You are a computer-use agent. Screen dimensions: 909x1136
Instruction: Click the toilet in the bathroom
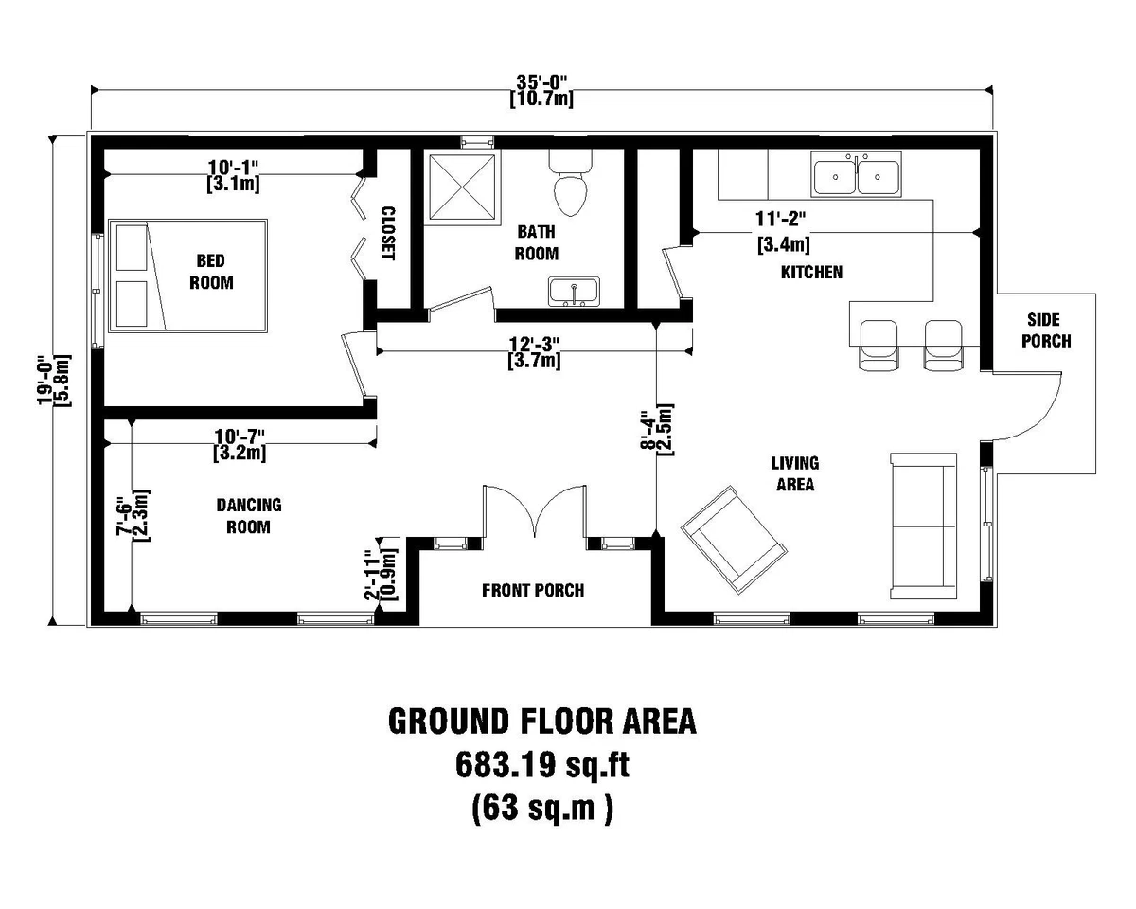(571, 186)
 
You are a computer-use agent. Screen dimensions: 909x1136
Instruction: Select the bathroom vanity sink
(574, 292)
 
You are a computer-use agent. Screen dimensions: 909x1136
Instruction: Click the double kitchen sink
(857, 176)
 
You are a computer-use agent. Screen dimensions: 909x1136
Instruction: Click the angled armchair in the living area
(735, 535)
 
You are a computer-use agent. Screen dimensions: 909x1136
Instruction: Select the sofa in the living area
(923, 526)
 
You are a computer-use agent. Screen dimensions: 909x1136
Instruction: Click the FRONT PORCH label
(533, 591)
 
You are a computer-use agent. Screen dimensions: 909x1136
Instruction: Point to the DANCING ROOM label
(249, 516)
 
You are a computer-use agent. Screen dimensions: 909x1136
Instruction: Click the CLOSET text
(386, 234)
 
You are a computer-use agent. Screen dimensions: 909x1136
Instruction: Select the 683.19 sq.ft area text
(541, 765)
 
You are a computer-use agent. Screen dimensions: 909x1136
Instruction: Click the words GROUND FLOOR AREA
(541, 721)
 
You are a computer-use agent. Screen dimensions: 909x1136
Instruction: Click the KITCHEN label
(811, 273)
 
